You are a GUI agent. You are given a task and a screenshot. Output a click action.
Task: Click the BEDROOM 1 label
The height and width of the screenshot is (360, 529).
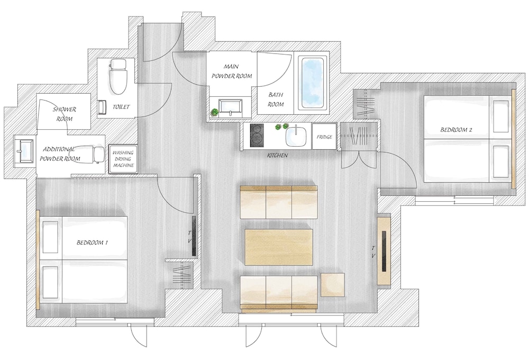pos(93,242)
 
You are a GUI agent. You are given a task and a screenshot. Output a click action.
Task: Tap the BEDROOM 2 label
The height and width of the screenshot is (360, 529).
pos(455,130)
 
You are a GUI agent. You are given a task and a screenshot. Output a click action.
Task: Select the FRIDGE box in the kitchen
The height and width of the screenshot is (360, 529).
pos(324,137)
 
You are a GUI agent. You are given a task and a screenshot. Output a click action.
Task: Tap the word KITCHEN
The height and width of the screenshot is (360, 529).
pos(277,156)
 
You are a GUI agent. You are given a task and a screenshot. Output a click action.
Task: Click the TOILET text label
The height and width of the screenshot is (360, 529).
pos(121,107)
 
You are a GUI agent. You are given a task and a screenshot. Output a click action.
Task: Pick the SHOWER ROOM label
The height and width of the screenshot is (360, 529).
pos(64,114)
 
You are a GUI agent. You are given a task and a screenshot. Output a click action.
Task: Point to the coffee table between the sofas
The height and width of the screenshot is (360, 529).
pos(279,247)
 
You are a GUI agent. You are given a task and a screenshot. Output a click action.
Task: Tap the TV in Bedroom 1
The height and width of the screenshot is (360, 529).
pos(194,236)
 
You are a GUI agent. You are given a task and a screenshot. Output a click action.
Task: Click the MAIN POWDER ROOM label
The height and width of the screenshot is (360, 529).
pos(231,72)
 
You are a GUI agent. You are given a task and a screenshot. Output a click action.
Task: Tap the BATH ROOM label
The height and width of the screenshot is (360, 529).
pos(276,100)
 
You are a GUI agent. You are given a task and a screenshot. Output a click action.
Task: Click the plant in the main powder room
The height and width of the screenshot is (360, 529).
pos(215,112)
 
